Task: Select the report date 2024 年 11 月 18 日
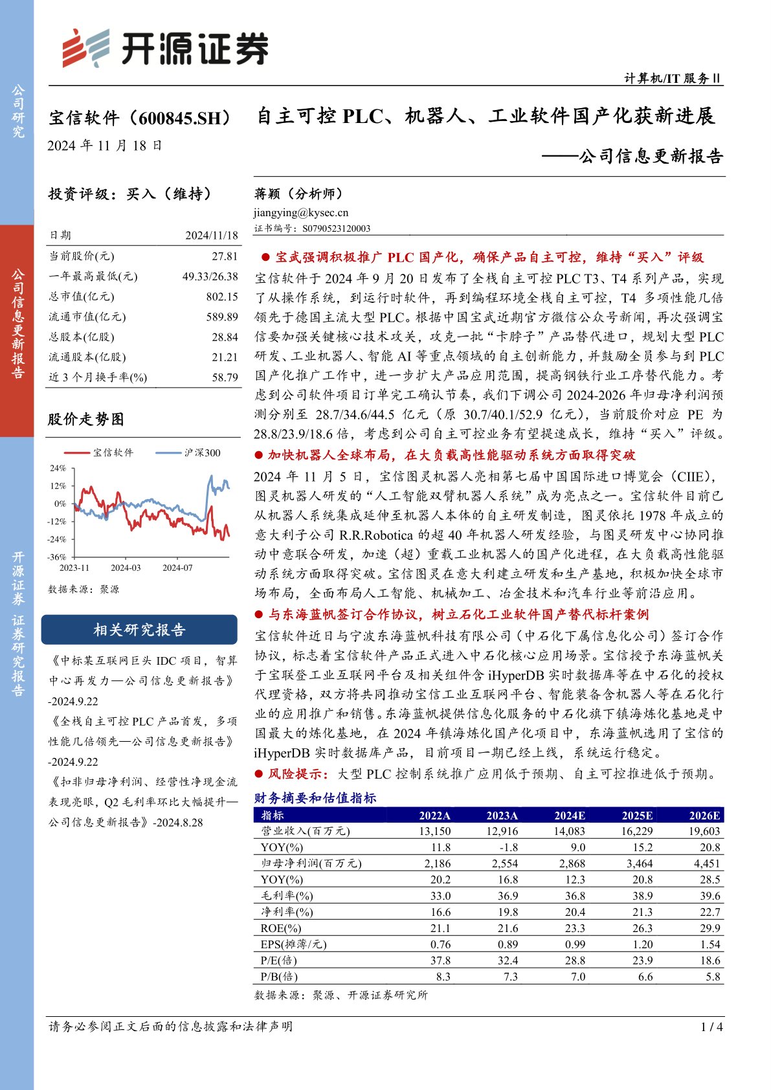click(x=105, y=146)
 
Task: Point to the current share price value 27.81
click(x=225, y=256)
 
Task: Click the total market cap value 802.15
click(x=222, y=296)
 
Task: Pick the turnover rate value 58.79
click(x=225, y=377)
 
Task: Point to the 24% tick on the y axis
click(x=58, y=468)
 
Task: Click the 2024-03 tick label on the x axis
click(x=126, y=568)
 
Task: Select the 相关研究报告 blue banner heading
click(x=139, y=630)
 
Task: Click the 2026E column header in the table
click(x=704, y=816)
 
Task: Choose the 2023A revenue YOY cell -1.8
click(x=508, y=847)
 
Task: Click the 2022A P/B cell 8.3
click(x=443, y=977)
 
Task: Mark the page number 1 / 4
click(x=711, y=1027)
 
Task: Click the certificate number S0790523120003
click(x=336, y=228)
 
